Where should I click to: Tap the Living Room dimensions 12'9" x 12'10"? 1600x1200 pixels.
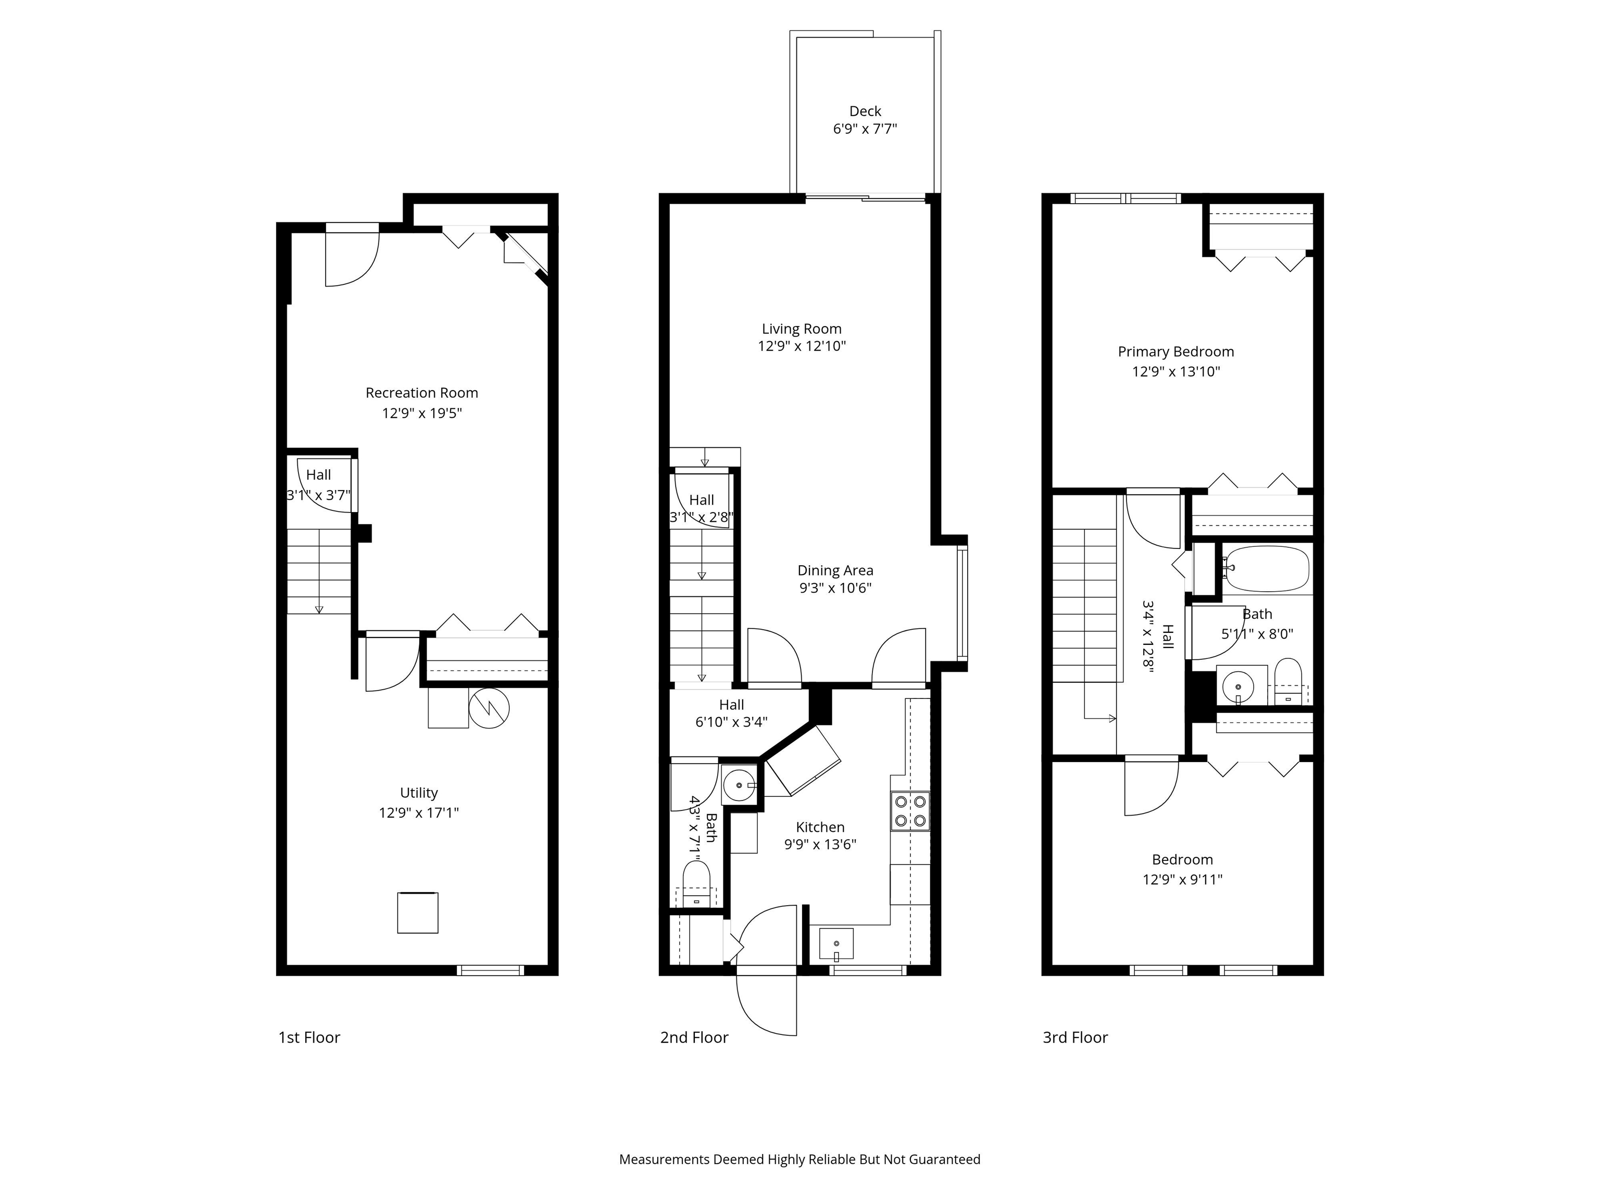802,346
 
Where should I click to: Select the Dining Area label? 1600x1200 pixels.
835,571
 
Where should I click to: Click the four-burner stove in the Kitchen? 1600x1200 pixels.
910,811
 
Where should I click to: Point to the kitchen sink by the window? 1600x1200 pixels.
836,944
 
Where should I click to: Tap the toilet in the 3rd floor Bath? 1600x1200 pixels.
1287,682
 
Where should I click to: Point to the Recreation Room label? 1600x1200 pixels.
422,393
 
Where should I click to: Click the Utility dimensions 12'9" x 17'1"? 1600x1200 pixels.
419,813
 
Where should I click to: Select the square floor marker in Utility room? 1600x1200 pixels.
417,913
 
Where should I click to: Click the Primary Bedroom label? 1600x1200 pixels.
1176,352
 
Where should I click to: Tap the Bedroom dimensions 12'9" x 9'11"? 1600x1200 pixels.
1182,880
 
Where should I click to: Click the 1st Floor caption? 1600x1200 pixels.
309,1038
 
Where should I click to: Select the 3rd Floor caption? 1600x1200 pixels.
1075,1038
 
